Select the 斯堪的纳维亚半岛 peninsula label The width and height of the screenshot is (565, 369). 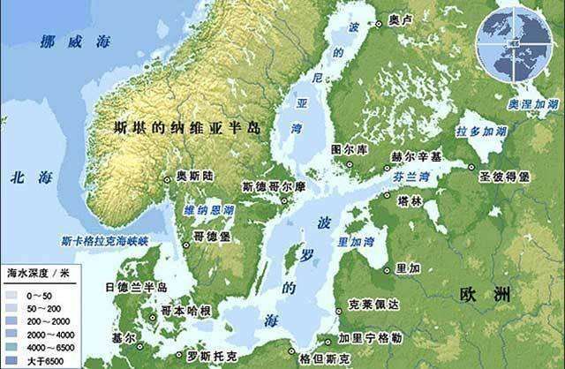click(x=188, y=127)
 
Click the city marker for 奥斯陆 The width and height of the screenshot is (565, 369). click(x=169, y=177)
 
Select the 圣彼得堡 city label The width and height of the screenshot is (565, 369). click(x=504, y=177)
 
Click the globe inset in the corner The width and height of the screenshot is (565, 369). click(x=510, y=40)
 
